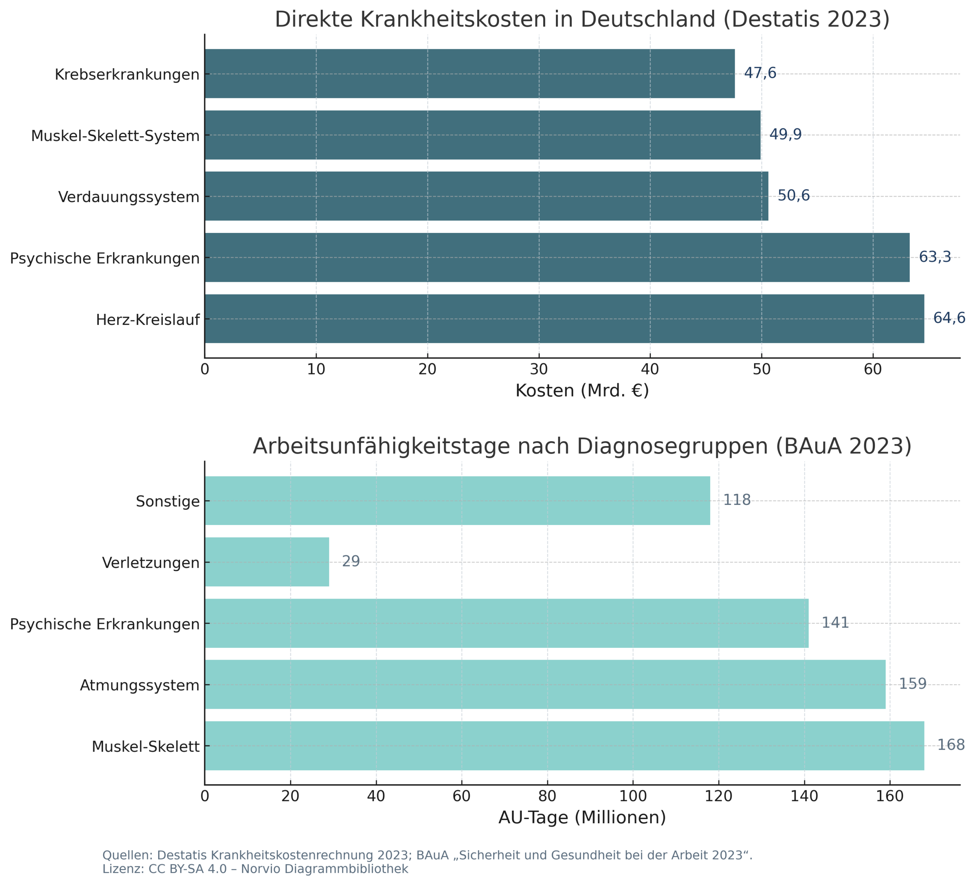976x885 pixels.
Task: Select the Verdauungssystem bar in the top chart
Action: pyautogui.click(x=486, y=196)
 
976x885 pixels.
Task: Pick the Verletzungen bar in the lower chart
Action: pyautogui.click(x=267, y=562)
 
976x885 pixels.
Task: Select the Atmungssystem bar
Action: pyautogui.click(x=545, y=684)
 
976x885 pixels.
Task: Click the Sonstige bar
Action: pyautogui.click(x=457, y=501)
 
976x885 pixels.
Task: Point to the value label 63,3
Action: pyautogui.click(x=934, y=257)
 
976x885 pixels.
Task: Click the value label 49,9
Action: pyautogui.click(x=785, y=135)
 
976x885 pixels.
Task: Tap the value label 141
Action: pyautogui.click(x=835, y=623)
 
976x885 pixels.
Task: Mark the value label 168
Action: pyautogui.click(x=951, y=745)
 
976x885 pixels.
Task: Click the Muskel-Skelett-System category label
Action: pyautogui.click(x=115, y=136)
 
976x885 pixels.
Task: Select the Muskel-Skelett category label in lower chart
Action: pyautogui.click(x=145, y=747)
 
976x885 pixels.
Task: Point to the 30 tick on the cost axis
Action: pyautogui.click(x=538, y=369)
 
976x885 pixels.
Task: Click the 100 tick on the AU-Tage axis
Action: pyautogui.click(x=633, y=797)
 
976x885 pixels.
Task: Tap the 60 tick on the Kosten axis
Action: pyautogui.click(x=872, y=369)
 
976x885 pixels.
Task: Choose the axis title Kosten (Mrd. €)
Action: pyautogui.click(x=582, y=391)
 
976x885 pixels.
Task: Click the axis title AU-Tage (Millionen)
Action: pyautogui.click(x=582, y=818)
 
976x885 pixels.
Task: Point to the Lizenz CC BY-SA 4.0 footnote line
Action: pyautogui.click(x=255, y=869)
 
